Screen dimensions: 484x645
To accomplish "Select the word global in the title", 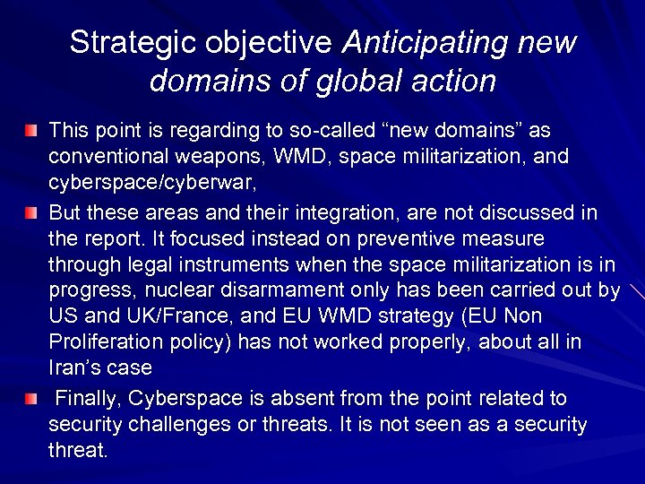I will click(348, 82).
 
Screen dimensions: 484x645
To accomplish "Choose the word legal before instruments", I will click(157, 266).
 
